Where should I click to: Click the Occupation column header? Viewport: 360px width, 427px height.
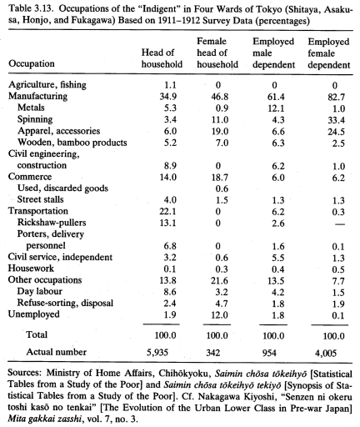pos(32,63)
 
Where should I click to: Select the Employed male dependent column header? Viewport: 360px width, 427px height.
pos(273,53)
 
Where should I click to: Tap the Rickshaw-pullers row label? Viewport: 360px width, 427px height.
pos(52,223)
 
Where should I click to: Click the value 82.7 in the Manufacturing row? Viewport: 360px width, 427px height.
pos(336,97)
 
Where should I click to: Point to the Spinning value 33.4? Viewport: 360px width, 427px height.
pos(336,120)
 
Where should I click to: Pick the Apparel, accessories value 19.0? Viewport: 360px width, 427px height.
pos(220,131)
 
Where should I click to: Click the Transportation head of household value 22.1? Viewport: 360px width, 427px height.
pos(167,212)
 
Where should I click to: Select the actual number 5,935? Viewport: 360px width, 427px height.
pos(157,353)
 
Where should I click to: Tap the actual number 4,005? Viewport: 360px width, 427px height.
pos(326,353)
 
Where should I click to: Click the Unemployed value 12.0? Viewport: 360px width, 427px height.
pos(219,315)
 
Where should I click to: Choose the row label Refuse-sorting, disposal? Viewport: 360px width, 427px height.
pos(65,303)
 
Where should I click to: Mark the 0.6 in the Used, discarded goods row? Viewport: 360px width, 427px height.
pos(222,188)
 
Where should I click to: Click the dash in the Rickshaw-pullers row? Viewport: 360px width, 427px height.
pos(339,224)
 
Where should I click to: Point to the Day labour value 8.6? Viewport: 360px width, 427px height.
pos(170,292)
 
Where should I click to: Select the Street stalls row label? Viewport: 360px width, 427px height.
pos(40,199)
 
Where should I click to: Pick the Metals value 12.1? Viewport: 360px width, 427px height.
pos(276,108)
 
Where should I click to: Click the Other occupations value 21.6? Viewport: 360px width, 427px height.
pos(219,280)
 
